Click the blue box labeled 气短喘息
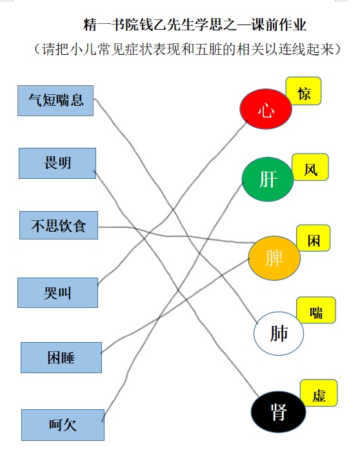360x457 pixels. click(x=55, y=101)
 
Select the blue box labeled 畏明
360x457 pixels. click(x=57, y=163)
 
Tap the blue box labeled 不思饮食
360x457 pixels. click(x=59, y=225)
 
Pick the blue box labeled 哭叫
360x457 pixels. click(x=57, y=292)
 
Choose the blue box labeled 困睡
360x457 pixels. click(x=61, y=358)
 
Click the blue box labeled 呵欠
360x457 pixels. click(x=63, y=425)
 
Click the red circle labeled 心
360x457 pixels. click(x=266, y=109)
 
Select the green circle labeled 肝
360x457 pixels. click(x=268, y=179)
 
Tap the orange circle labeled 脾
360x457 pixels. click(x=274, y=258)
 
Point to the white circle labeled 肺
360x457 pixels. click(x=279, y=334)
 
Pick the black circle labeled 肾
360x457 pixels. click(x=279, y=412)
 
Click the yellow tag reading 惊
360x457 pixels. click(x=303, y=91)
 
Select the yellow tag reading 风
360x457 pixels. click(x=310, y=167)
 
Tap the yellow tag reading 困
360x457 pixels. click(x=314, y=238)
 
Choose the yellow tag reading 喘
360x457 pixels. click(x=316, y=310)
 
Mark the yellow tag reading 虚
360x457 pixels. click(x=319, y=393)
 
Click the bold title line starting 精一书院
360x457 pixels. click(x=195, y=25)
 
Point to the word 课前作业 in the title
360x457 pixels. click(x=279, y=25)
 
